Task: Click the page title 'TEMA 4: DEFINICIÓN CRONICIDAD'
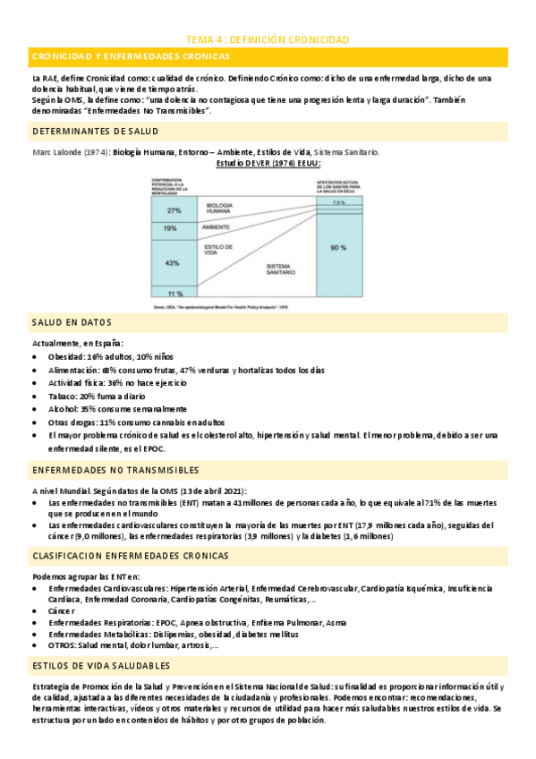[x=267, y=39]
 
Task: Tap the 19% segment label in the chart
[x=170, y=229]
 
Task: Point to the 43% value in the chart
[x=172, y=263]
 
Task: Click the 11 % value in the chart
[x=174, y=294]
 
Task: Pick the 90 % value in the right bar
[x=337, y=247]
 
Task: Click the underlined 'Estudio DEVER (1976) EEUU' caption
[x=268, y=164]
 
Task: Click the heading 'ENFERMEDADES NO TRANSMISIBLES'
[x=115, y=470]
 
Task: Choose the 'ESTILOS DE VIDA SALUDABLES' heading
[x=100, y=667]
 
